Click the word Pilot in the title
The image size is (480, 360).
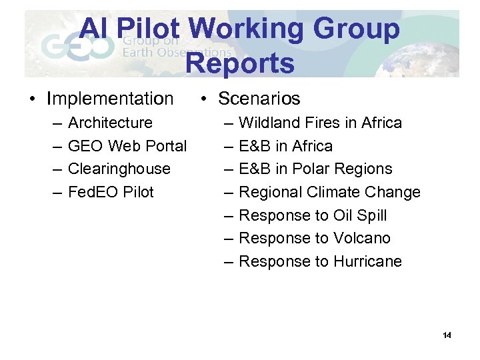click(151, 30)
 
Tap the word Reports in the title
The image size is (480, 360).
click(239, 63)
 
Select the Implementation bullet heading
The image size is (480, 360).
click(110, 99)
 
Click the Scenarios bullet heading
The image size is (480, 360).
click(259, 99)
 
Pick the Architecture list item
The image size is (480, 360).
click(110, 123)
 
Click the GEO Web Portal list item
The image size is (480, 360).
click(127, 146)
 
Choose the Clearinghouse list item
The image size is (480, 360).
click(119, 169)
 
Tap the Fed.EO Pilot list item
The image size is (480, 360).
click(111, 192)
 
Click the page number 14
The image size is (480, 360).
click(447, 335)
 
